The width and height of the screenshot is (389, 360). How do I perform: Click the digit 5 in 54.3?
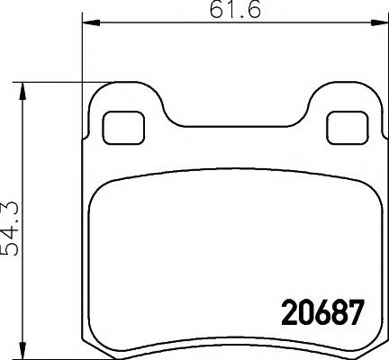pyautogui.click(x=13, y=249)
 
